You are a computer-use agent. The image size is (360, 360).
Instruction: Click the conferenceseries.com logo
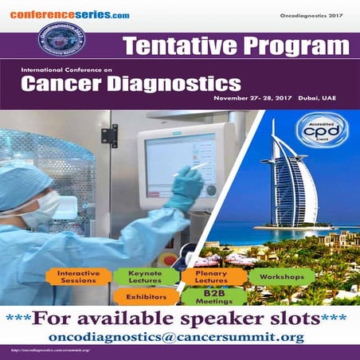[x=70, y=14]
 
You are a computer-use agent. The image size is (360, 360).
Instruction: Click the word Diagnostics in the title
[x=167, y=83]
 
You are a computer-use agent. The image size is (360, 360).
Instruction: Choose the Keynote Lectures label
[x=146, y=276]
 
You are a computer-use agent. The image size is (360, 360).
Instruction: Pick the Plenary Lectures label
[x=212, y=276]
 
